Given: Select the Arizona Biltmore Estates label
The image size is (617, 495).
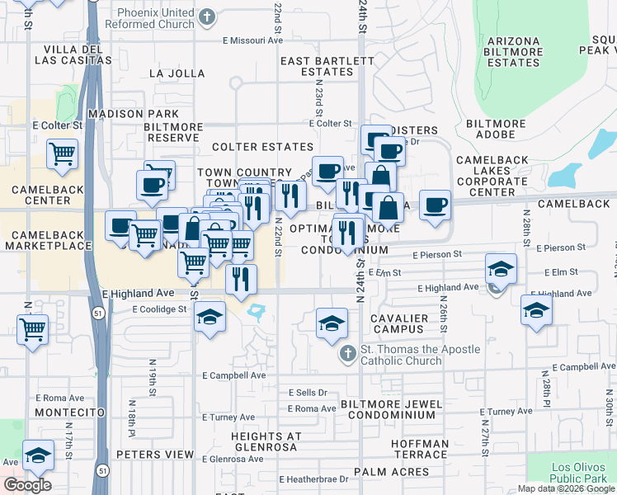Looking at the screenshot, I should pos(513,52).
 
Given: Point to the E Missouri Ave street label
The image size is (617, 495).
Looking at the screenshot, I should pos(252,40).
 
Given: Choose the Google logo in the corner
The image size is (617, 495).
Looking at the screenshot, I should pos(27,485).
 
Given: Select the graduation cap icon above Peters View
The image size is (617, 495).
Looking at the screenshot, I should pos(37,454).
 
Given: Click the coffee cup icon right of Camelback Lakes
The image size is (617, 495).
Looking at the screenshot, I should pos(435,204).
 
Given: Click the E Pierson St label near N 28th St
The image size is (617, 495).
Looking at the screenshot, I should pos(560,247).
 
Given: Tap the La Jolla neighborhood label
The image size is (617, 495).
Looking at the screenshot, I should pos(177,73).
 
